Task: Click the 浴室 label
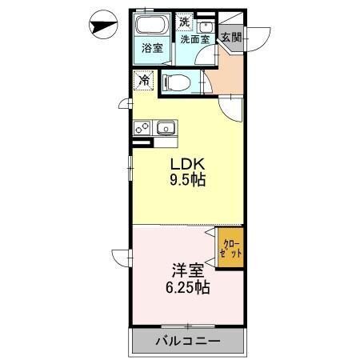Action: click(x=152, y=48)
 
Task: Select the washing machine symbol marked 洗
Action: click(x=186, y=23)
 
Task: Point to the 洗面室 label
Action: click(x=194, y=38)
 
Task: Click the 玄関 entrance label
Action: click(x=231, y=37)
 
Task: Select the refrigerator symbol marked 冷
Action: click(x=144, y=81)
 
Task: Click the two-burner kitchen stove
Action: click(x=142, y=126)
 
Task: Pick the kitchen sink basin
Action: click(x=166, y=126)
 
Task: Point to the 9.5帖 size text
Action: click(x=186, y=180)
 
